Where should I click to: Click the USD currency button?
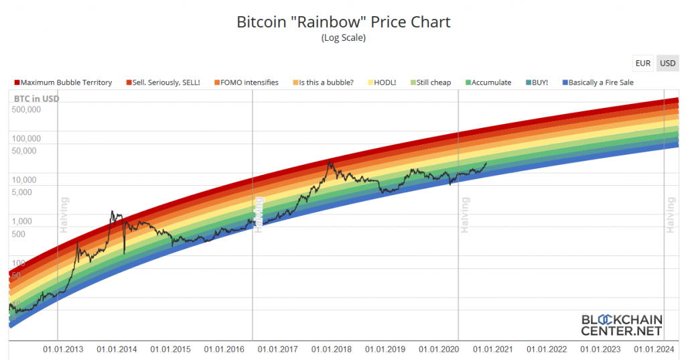[x=667, y=63]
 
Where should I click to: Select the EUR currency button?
[x=643, y=63]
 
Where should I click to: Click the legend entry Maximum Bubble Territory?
[x=63, y=82]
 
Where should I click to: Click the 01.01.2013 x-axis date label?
[x=64, y=349]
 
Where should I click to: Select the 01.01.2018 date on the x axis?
[x=332, y=349]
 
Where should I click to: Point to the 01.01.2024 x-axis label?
[x=653, y=349]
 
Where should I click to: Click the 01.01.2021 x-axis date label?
[x=492, y=349]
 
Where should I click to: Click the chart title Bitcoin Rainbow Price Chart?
[x=343, y=21]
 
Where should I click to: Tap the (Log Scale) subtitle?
[x=343, y=38]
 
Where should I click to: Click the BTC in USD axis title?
[x=37, y=99]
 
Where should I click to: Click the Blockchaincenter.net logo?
[x=621, y=324]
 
